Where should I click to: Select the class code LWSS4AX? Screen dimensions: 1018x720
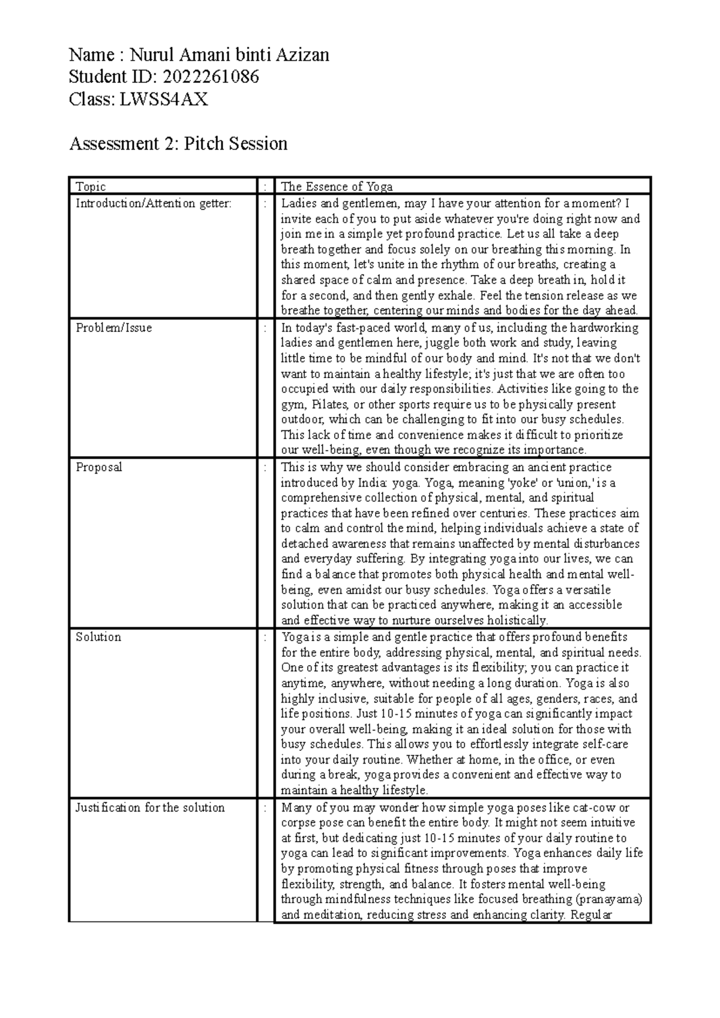tap(163, 99)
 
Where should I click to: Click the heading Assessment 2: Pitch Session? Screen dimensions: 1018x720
tap(178, 144)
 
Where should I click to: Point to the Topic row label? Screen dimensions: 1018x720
tap(91, 187)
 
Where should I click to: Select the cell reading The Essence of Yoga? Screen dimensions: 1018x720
tap(337, 187)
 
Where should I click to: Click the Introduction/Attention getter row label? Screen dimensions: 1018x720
tap(153, 203)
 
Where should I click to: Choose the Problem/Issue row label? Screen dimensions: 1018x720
tap(113, 328)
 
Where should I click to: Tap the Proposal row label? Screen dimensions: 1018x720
tap(98, 467)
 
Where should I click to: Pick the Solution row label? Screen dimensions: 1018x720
tap(98, 637)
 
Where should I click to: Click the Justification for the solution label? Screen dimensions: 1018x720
tap(150, 807)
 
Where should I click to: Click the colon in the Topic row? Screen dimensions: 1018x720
tap(265, 187)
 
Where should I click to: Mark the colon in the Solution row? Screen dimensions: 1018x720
tap(265, 637)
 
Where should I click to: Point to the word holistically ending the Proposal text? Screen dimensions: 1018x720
tap(517, 620)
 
